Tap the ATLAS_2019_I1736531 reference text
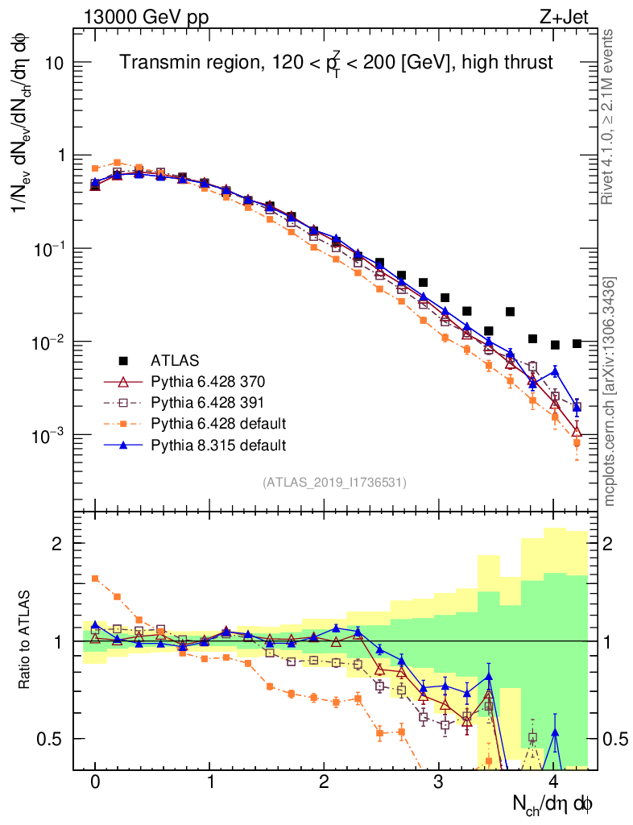(334, 483)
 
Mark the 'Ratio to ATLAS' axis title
(26, 641)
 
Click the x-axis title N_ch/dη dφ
(552, 804)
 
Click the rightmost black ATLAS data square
(577, 343)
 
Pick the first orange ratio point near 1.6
(95, 578)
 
